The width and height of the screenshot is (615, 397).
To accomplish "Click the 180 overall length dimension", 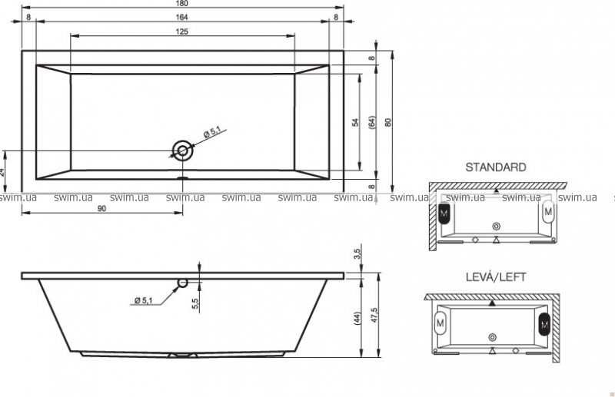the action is tap(182, 4).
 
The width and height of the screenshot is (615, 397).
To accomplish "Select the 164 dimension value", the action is tap(182, 17).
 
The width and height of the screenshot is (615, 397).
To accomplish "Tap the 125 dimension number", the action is tap(182, 31).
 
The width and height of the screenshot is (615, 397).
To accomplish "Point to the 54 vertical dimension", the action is tap(355, 122).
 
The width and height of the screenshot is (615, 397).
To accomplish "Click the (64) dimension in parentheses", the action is tap(372, 122).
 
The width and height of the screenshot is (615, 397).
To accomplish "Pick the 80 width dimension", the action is tap(388, 122).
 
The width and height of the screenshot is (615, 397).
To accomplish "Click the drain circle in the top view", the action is tap(183, 151).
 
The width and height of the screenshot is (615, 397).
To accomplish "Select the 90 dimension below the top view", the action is tap(101, 209).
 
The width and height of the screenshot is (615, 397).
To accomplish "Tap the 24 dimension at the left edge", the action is tap(2, 171).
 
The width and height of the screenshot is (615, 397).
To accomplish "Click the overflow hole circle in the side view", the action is tap(183, 283).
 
